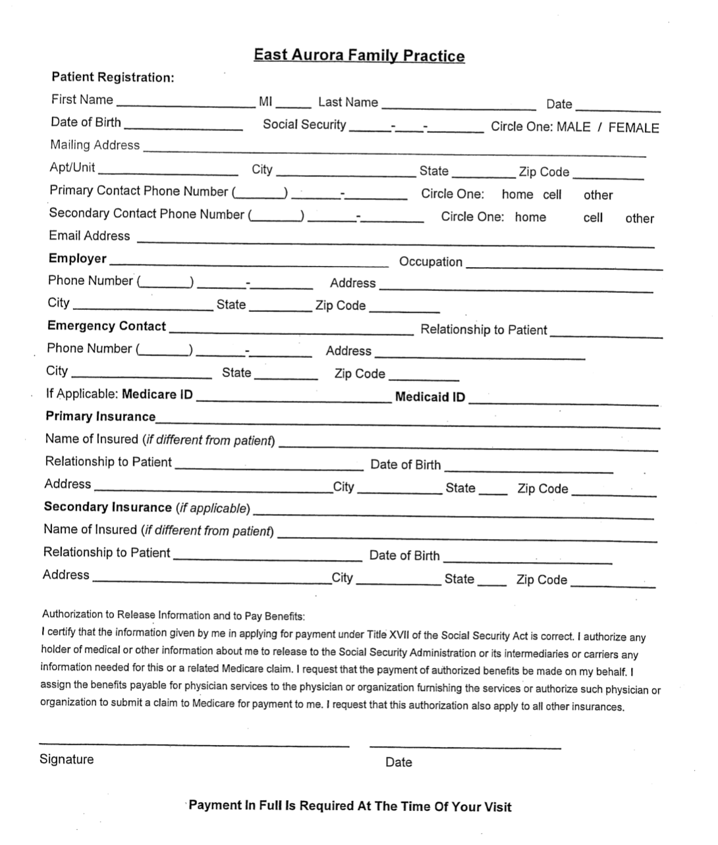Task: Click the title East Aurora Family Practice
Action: point(359,56)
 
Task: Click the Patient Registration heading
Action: point(113,78)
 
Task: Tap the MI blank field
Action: point(293,105)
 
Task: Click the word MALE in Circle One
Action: point(573,127)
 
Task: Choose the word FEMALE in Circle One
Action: point(633,128)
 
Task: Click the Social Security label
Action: point(304,124)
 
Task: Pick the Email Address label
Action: point(90,236)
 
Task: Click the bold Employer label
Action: point(77,258)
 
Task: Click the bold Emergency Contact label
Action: point(106,326)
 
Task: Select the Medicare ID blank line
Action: point(294,400)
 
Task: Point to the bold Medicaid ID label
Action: point(429,397)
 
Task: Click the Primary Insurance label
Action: point(100,417)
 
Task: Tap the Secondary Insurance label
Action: point(107,507)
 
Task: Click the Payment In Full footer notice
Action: point(350,806)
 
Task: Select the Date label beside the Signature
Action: point(399,762)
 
